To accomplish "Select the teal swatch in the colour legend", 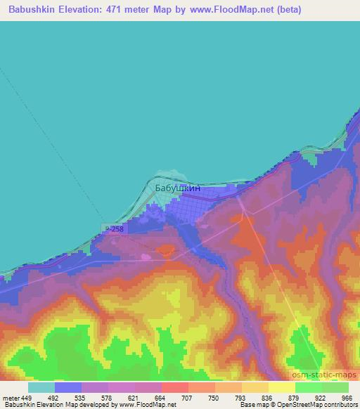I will [41, 387].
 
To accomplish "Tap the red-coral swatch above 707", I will [175, 387].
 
